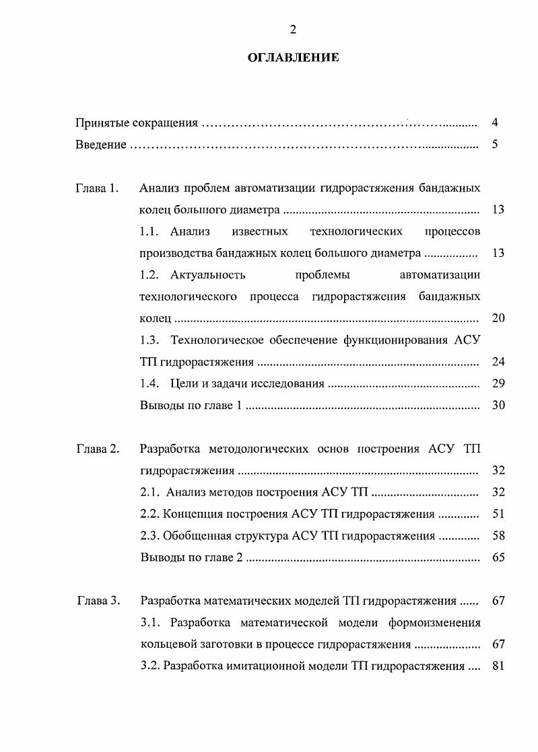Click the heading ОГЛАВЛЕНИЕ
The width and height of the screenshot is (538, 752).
tap(294, 58)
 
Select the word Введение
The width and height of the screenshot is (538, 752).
tap(100, 145)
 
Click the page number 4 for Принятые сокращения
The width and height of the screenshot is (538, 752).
tap(495, 123)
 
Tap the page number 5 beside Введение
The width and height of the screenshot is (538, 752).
tap(495, 145)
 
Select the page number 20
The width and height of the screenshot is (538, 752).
tap(498, 318)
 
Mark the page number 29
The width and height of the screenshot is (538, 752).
tap(498, 384)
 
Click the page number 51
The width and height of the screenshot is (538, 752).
tap(498, 515)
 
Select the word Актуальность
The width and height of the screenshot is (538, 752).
tap(208, 275)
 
